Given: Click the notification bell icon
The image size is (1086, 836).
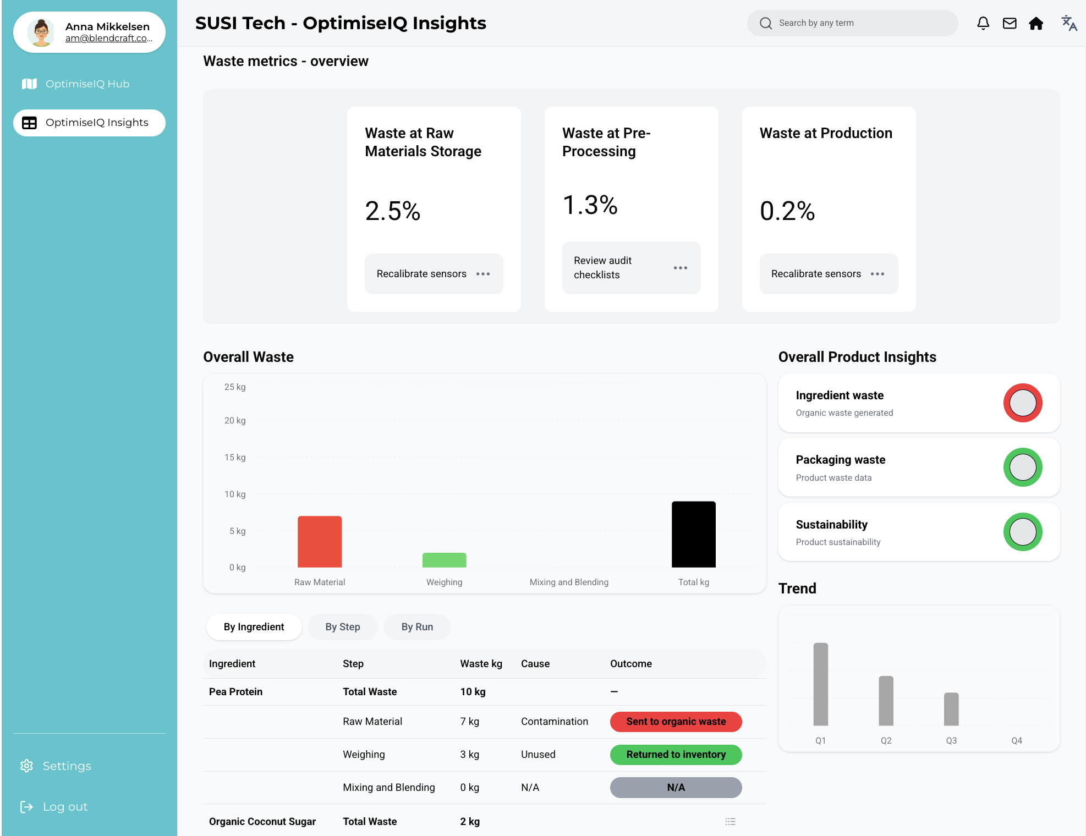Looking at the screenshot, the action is (x=983, y=23).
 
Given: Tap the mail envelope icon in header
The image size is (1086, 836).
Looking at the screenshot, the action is (x=1010, y=23).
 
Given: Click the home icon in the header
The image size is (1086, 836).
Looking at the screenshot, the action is (x=1036, y=23).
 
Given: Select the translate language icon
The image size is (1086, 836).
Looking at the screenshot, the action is (x=1069, y=23).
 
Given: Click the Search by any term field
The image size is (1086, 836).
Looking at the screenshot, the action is (x=852, y=23).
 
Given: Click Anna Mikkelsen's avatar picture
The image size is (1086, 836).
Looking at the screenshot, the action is (x=41, y=32).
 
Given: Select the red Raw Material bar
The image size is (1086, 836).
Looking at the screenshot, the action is (x=320, y=542).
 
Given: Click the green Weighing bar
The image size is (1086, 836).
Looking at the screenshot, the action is (x=445, y=560).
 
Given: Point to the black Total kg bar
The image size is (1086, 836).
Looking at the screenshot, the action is (x=694, y=534).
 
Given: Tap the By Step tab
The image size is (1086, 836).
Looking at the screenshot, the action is (x=343, y=627).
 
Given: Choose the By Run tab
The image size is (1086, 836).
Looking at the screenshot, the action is (x=418, y=627).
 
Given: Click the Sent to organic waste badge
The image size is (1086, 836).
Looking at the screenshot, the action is (x=676, y=722).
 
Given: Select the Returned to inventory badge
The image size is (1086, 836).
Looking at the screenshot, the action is (x=676, y=755).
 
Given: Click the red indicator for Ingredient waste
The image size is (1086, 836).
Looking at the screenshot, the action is (x=1023, y=403).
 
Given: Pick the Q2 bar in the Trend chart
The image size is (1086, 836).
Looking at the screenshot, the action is (x=886, y=701).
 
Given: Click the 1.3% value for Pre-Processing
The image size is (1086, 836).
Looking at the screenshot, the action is (x=590, y=205).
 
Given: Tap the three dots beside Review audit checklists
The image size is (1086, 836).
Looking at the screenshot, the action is (x=681, y=268).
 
